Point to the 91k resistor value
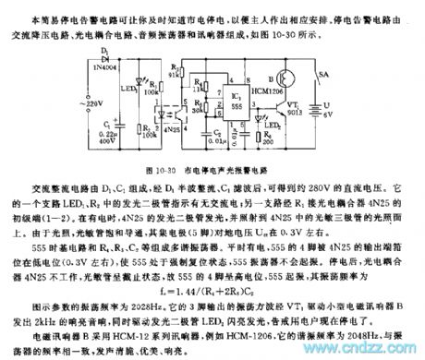coord(175,76)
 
